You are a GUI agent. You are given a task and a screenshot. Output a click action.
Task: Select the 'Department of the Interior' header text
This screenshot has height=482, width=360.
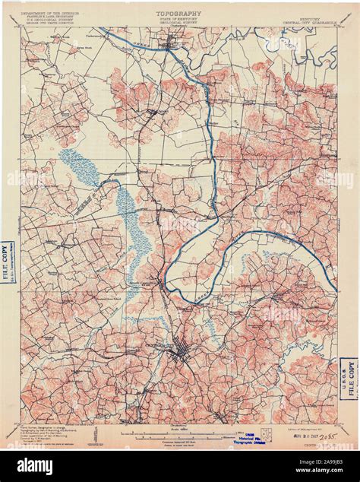pyautogui.click(x=49, y=13)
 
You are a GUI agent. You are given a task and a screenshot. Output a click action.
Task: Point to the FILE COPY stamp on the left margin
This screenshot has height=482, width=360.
pyautogui.click(x=6, y=262)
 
